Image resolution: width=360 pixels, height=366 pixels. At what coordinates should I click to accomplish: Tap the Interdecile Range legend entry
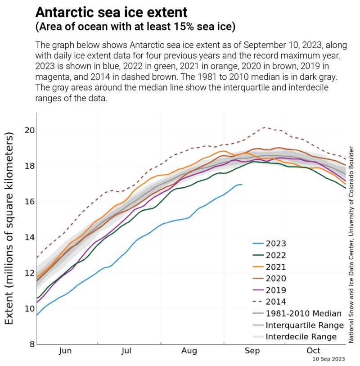click(301, 337)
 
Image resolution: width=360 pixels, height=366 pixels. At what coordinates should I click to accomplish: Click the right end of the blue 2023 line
click(242, 185)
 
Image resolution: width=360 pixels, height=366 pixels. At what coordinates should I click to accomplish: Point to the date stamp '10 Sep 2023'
click(329, 360)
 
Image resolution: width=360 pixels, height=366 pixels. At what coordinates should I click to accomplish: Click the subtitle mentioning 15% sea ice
click(135, 27)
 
